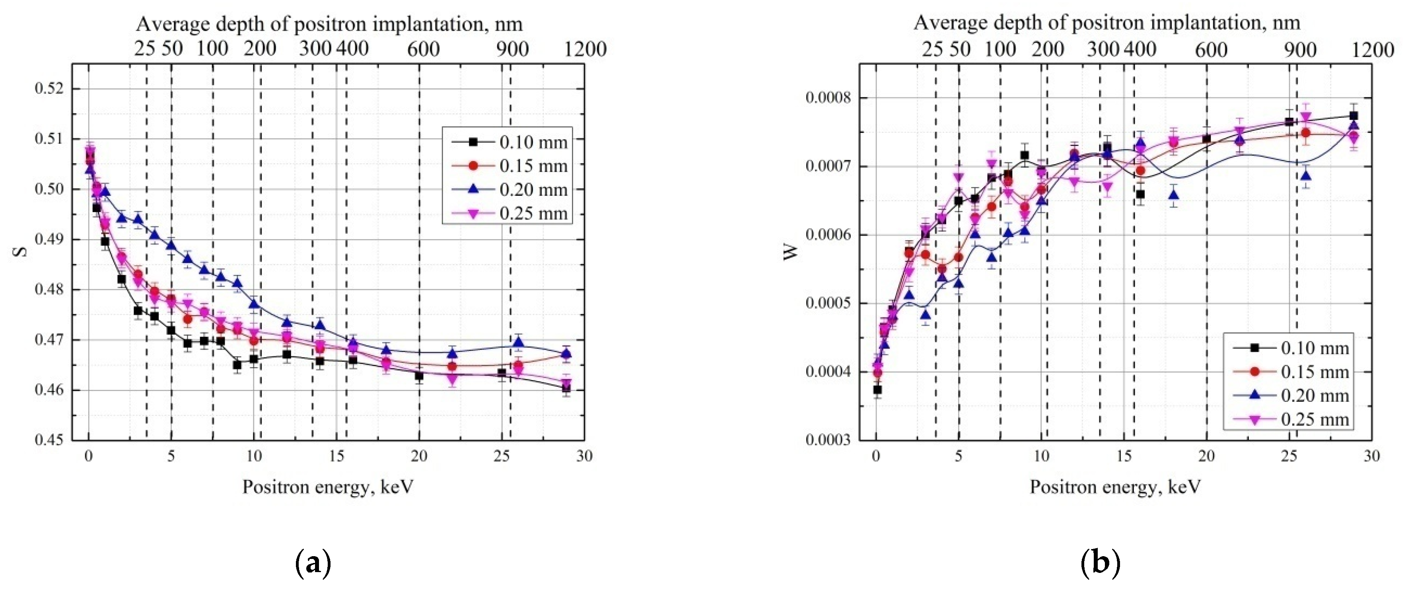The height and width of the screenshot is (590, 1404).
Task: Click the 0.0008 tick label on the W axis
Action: point(827,98)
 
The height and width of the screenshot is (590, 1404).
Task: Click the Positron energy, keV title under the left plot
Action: point(328,487)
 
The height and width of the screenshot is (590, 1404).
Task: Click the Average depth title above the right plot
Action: point(1106,23)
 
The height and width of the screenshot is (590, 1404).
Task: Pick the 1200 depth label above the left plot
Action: point(585,49)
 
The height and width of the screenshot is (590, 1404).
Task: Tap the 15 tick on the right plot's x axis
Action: point(1124,456)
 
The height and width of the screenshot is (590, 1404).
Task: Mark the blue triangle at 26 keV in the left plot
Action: point(518,343)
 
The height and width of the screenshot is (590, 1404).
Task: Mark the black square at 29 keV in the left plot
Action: point(566,388)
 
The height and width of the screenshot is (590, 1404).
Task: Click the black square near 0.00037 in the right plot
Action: point(877,390)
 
